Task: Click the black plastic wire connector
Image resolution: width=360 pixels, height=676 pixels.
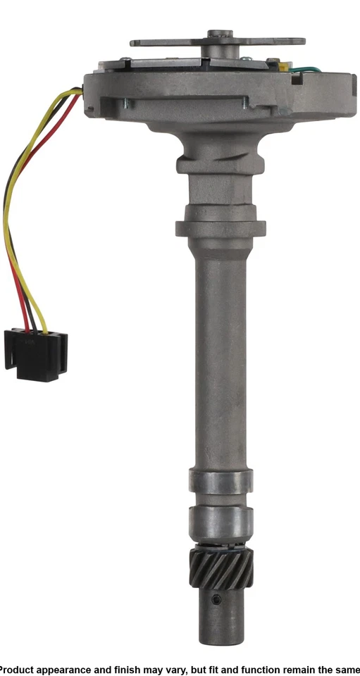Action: click(x=35, y=355)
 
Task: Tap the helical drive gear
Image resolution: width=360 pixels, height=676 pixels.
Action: click(x=221, y=569)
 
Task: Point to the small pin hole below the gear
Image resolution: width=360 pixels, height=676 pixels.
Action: click(x=217, y=599)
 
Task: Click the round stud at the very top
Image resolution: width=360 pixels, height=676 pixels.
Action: click(x=220, y=33)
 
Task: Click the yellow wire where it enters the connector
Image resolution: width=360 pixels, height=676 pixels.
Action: click(x=44, y=327)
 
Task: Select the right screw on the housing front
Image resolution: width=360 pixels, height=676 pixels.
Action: click(x=244, y=105)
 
